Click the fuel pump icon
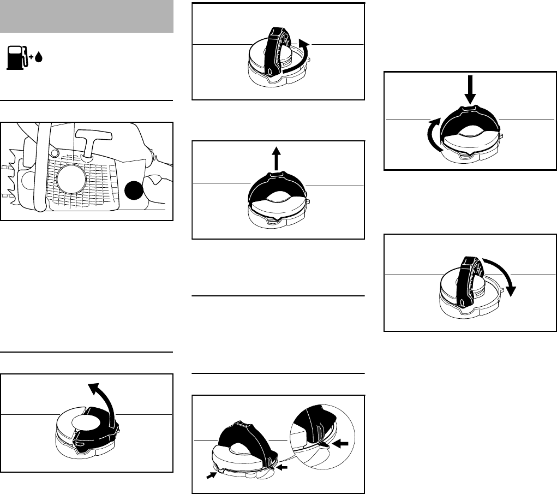16,58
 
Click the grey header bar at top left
87,16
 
